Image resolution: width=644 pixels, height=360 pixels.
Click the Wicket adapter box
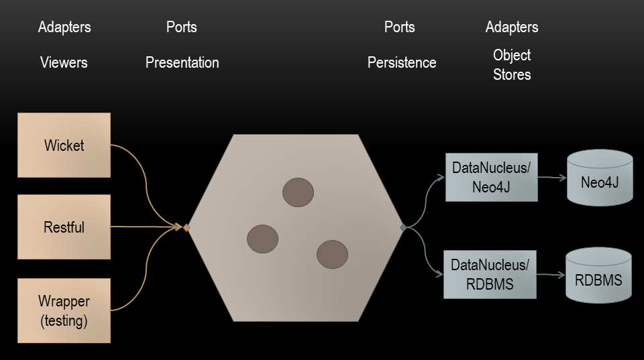point(64,145)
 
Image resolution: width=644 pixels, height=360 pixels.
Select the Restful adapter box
point(64,227)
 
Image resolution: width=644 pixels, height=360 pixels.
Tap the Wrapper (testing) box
point(64,311)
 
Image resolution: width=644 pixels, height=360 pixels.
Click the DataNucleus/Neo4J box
point(491,177)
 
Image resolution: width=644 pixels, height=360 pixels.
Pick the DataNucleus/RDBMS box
point(490,274)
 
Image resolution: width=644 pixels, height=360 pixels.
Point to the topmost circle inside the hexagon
point(298,192)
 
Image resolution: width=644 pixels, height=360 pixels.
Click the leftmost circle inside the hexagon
point(262,239)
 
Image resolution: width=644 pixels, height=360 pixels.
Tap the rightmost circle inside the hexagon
point(332,254)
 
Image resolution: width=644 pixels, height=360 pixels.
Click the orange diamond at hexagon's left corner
point(186,228)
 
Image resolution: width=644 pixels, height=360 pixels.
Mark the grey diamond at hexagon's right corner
point(403,228)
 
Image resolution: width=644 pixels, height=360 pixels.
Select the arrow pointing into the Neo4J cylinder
point(552,178)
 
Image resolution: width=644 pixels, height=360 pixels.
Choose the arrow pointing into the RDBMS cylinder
point(551,276)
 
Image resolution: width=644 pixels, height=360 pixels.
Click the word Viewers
point(64,63)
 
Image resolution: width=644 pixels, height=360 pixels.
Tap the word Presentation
point(182,63)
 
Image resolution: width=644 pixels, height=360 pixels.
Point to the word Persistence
point(402,63)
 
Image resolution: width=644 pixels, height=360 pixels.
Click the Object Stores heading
point(512,65)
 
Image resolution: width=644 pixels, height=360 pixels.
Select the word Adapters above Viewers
point(64,27)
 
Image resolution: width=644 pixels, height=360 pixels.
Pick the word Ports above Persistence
point(399,27)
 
